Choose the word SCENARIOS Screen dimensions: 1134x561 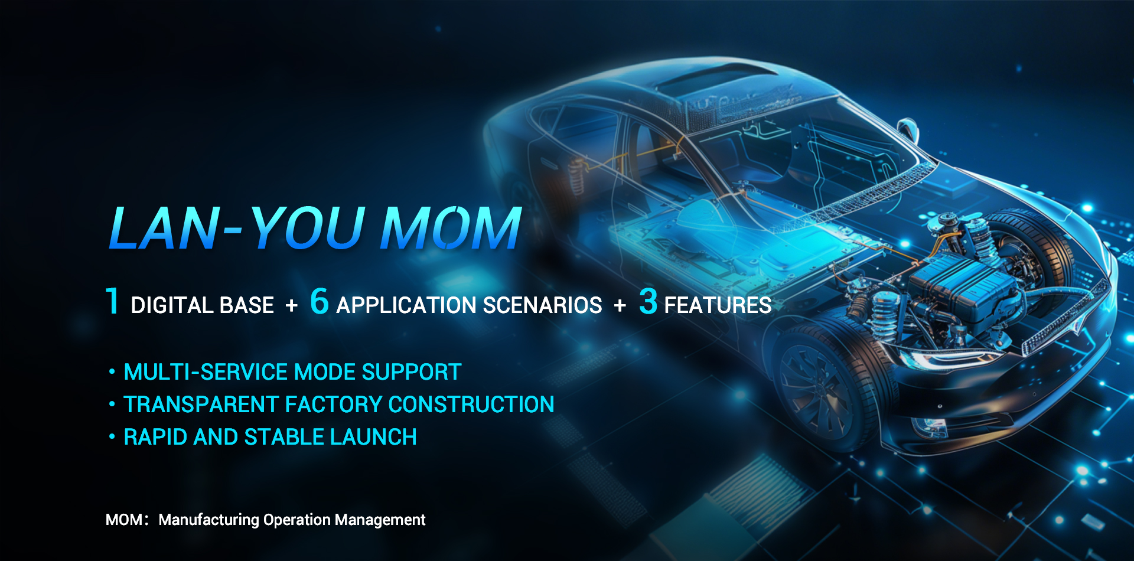(x=542, y=305)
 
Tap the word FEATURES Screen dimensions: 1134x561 (x=718, y=305)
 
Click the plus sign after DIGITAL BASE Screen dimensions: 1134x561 (x=292, y=306)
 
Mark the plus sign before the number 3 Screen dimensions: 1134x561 (x=620, y=306)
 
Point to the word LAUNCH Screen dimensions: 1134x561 (x=373, y=437)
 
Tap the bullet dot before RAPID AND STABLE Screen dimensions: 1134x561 (x=112, y=437)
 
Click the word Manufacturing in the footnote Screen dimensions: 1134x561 (x=209, y=520)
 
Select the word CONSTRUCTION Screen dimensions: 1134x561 (x=471, y=405)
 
